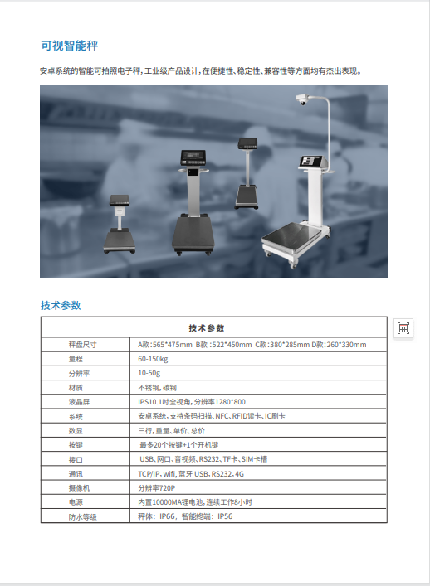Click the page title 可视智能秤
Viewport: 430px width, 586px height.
(x=69, y=46)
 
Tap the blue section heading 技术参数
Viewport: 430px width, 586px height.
(x=61, y=305)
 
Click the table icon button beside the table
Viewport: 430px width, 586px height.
(x=403, y=328)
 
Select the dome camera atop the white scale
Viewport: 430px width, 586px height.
(x=301, y=99)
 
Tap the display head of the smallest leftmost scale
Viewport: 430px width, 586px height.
(x=120, y=201)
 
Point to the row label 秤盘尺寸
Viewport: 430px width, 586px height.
(x=82, y=345)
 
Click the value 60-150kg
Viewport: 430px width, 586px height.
(x=153, y=359)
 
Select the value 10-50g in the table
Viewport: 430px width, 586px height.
(x=149, y=373)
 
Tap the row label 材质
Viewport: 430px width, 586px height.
(x=76, y=388)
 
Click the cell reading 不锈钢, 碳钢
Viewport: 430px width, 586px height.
(x=157, y=388)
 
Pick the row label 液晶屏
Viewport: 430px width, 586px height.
(x=79, y=402)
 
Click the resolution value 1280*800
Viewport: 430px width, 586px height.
(x=230, y=402)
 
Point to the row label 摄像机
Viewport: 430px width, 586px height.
(x=79, y=488)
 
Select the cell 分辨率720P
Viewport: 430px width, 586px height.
(x=156, y=488)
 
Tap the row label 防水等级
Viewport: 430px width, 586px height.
(x=82, y=517)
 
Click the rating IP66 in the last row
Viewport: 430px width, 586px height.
(x=167, y=516)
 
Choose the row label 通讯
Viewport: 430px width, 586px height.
(x=76, y=474)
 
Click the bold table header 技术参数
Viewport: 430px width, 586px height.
(x=207, y=328)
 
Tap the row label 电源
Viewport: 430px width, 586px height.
(x=76, y=502)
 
